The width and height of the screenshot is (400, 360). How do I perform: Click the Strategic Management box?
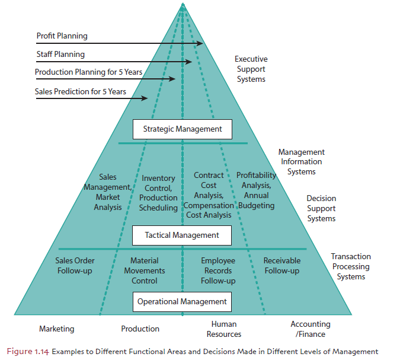point(182,129)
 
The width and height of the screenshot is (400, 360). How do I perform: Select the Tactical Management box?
point(182,235)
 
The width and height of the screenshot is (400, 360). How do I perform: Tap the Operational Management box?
point(182,301)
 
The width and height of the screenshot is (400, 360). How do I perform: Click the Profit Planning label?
point(62,36)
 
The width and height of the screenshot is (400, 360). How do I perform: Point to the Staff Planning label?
point(60,54)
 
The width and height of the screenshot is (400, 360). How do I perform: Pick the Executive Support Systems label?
point(251,69)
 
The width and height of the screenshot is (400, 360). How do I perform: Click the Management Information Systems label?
point(302,162)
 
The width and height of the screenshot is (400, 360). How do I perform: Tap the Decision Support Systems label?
point(321,208)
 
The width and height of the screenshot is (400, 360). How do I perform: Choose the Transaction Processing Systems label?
point(351,266)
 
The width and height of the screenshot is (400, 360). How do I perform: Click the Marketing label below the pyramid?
point(57,329)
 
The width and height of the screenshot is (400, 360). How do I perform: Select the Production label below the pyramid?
point(140,329)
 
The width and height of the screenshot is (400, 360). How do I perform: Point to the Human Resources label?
point(224,329)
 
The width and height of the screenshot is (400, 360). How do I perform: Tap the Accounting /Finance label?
point(311,329)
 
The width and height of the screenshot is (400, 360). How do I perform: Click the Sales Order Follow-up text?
point(75,266)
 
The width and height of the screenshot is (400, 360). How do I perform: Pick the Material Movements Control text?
point(145,270)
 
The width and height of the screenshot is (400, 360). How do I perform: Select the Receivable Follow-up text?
point(282,266)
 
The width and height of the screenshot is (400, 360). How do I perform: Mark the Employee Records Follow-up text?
point(218,270)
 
